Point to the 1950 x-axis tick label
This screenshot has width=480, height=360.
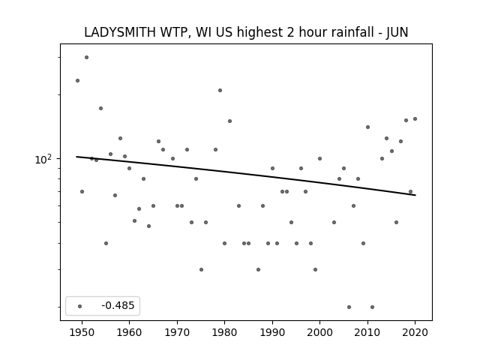[x=82, y=332]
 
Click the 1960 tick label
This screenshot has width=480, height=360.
[x=129, y=332]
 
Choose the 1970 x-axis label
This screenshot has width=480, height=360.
[x=177, y=332]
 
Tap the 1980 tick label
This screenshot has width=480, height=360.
[x=224, y=332]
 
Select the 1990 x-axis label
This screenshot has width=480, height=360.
[x=272, y=332]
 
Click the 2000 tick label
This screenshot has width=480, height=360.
[x=319, y=332]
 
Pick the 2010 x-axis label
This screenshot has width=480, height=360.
[x=367, y=332]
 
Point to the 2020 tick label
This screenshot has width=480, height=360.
[x=415, y=332]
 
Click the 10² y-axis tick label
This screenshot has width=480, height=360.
[x=43, y=160]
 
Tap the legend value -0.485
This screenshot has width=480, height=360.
[x=118, y=305]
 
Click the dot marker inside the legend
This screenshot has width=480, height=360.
[x=80, y=306]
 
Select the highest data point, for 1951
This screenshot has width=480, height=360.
[x=87, y=57]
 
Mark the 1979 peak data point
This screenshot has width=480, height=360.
[x=220, y=90]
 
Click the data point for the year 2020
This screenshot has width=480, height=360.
[x=415, y=118]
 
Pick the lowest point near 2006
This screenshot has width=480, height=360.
[x=349, y=307]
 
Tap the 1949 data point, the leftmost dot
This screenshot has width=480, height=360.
[x=77, y=80]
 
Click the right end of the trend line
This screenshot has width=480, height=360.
[x=415, y=195]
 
